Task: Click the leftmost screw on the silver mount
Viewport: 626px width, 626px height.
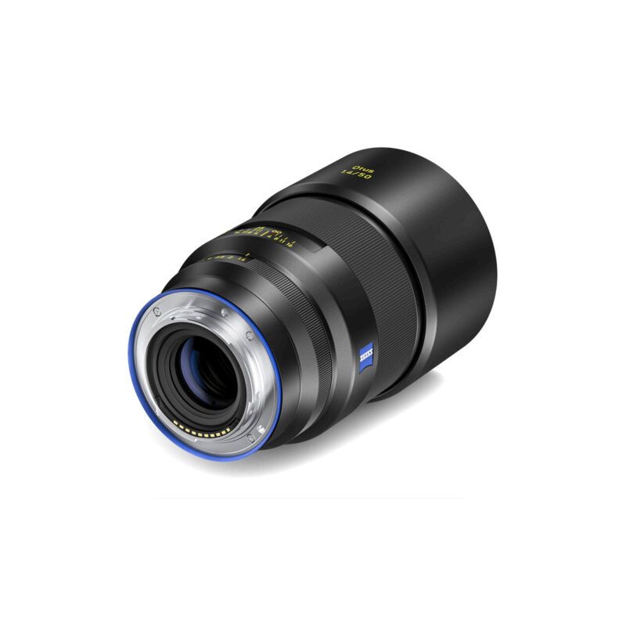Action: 156,312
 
